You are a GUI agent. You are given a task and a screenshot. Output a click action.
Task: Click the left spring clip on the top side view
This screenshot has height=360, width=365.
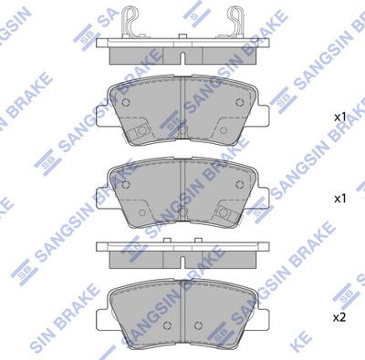133,20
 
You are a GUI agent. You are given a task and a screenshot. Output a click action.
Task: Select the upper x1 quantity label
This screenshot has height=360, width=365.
339,118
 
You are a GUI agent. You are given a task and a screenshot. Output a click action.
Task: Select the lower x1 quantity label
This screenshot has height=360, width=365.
339,196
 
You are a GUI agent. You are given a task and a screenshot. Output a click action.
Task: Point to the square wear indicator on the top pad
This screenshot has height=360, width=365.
142,134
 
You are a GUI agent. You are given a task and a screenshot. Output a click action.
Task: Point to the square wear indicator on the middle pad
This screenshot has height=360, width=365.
224,212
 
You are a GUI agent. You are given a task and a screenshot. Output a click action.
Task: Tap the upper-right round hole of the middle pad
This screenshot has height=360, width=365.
240,180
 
